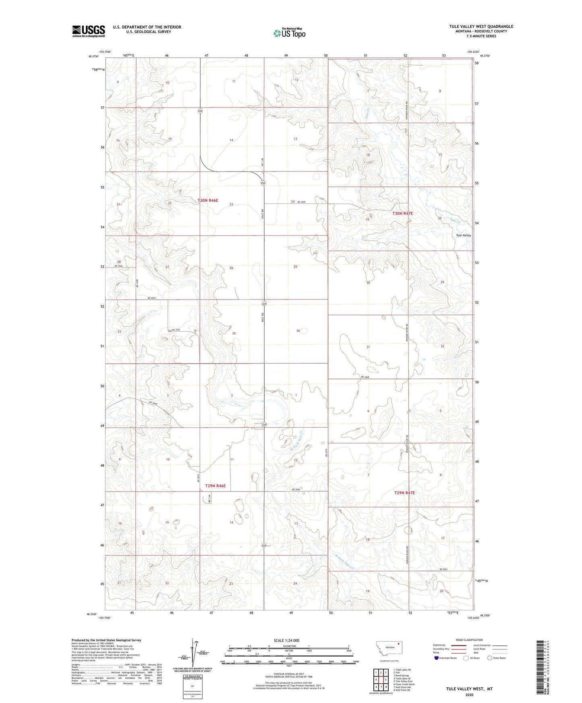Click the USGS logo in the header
pyautogui.click(x=89, y=31)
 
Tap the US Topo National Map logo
pyautogui.click(x=289, y=33)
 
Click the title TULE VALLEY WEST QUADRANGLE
pyautogui.click(x=481, y=27)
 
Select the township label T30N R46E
pyautogui.click(x=208, y=200)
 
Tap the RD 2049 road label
pyautogui.click(x=153, y=403)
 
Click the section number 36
pyautogui.click(x=298, y=331)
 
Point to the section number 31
pyautogui.click(x=368, y=347)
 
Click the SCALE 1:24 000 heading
pyautogui.click(x=286, y=640)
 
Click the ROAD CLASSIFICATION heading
pyautogui.click(x=469, y=640)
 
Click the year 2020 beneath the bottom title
pyautogui.click(x=469, y=695)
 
